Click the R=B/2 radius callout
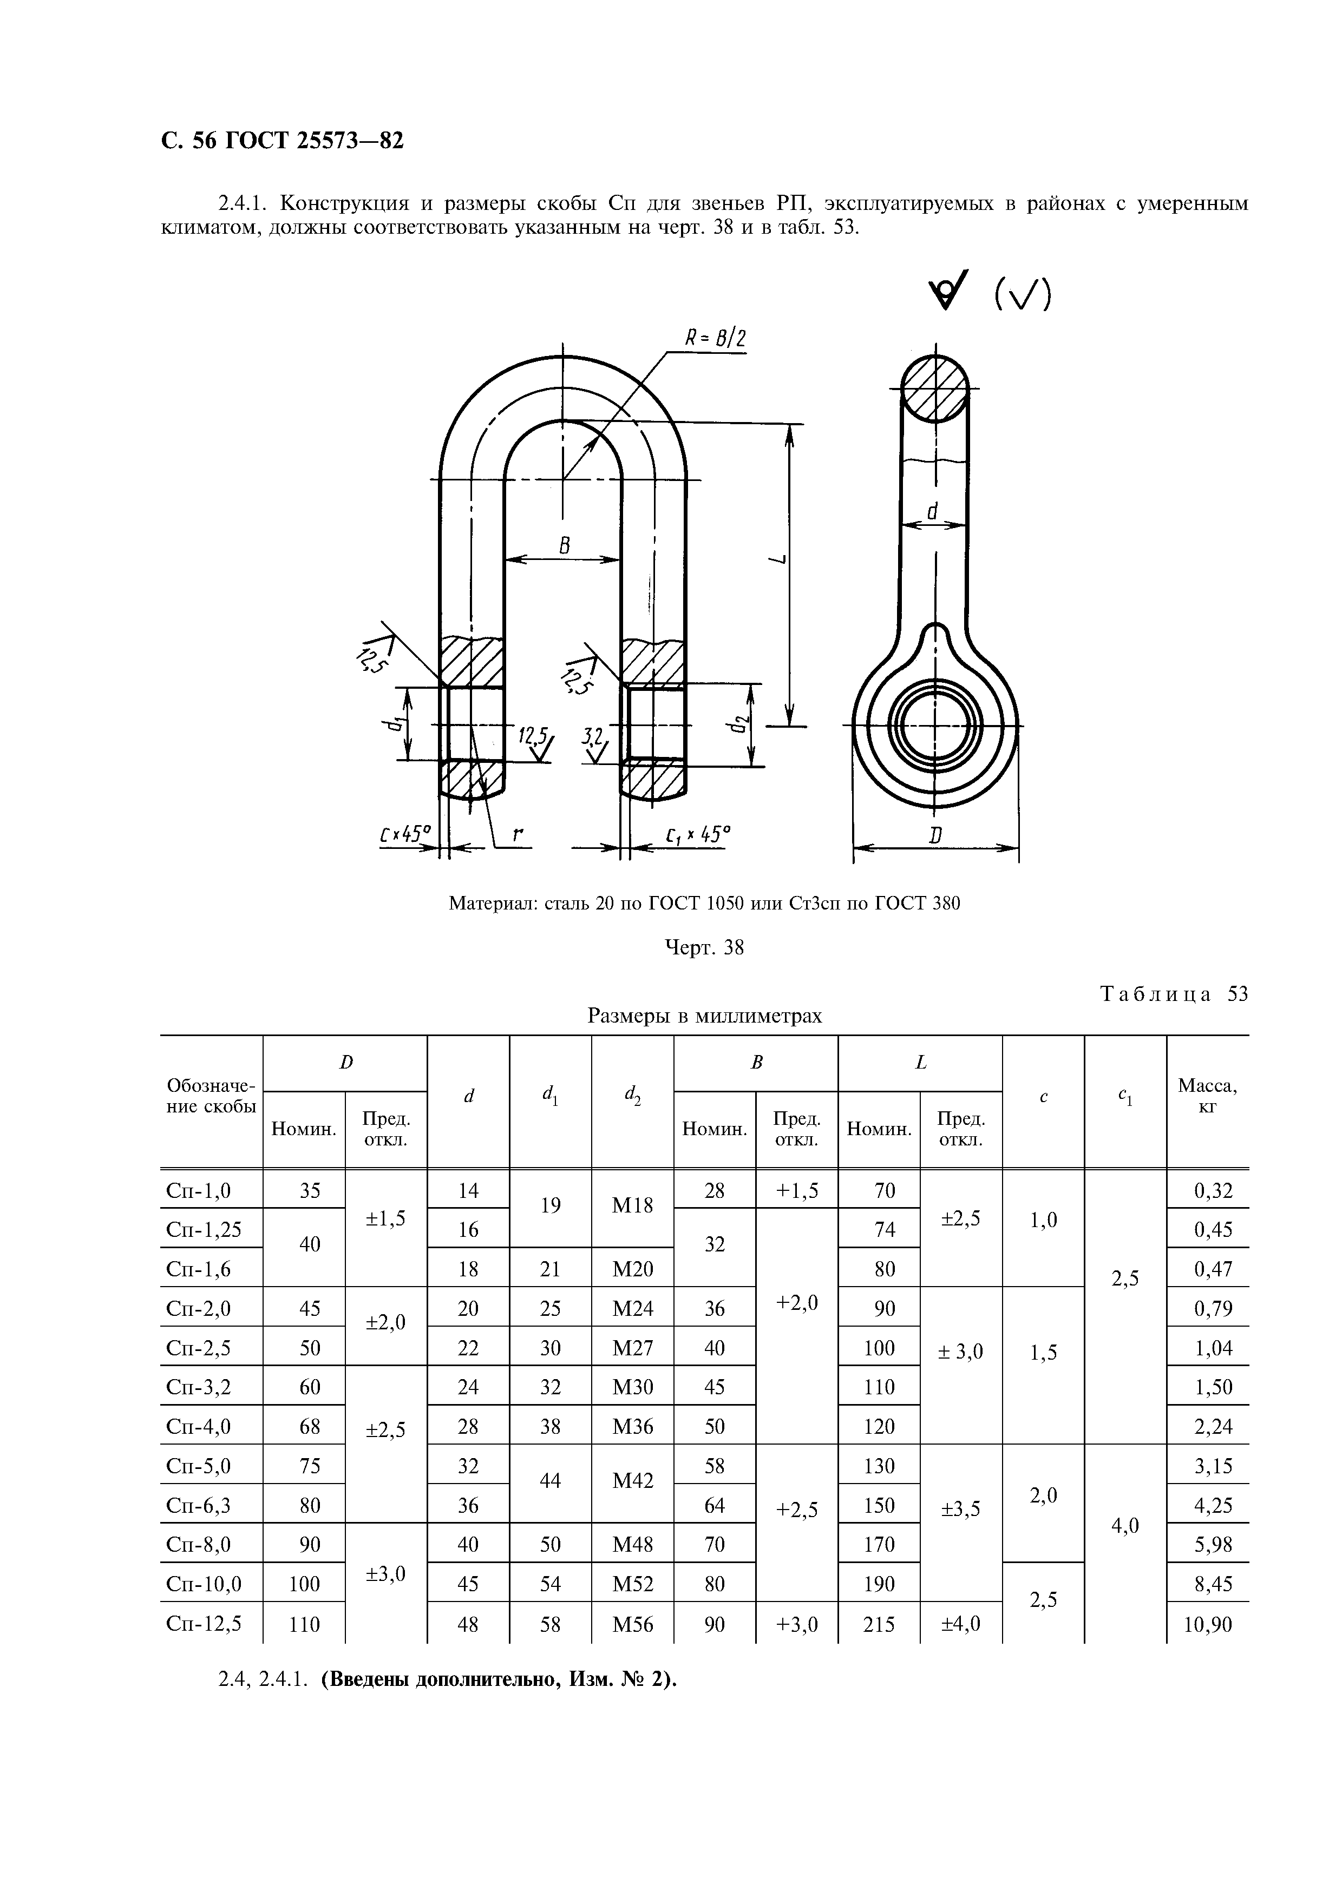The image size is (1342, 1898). coord(715,339)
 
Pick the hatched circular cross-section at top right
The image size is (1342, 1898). coord(934,388)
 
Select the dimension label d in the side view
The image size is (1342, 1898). coord(933,512)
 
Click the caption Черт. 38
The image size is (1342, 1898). coord(704,948)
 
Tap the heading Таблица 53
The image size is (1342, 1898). coord(1174,994)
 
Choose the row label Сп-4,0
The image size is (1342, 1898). coord(199,1426)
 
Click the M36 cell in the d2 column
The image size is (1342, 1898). coord(632,1426)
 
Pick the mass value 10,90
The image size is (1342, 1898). coord(1207,1624)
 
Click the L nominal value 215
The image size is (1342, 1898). coord(879,1624)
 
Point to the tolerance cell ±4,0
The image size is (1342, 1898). coord(961,1624)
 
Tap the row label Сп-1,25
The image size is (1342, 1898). coord(204,1229)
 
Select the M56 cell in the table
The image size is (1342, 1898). coord(632,1624)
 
